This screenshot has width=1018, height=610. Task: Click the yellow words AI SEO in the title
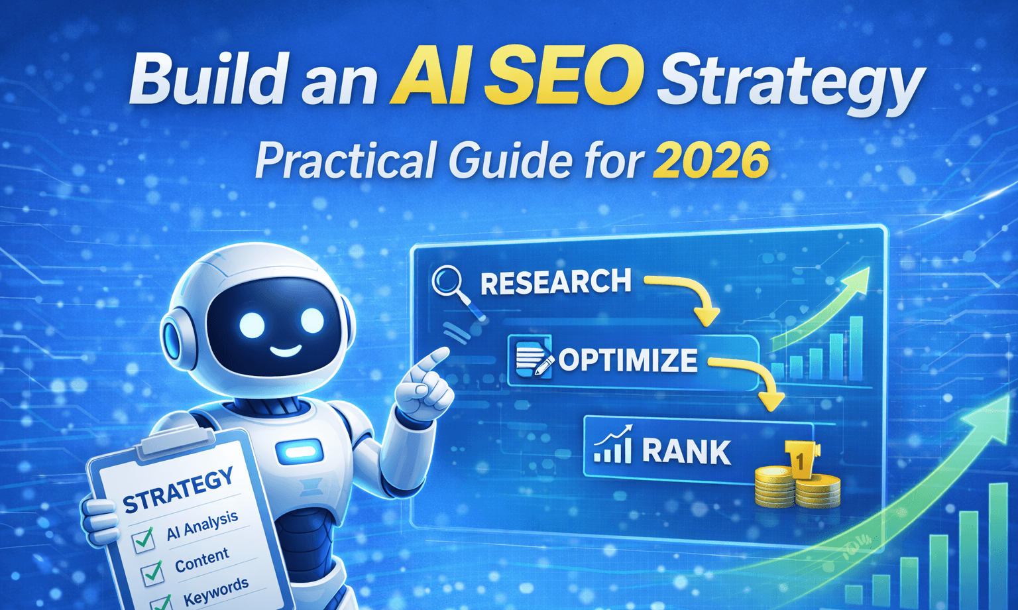point(516,80)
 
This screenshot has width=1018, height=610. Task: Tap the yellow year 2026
point(710,160)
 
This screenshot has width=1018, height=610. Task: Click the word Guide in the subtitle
point(509,160)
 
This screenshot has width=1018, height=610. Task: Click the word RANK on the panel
point(686,452)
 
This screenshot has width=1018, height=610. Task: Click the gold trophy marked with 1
point(801,459)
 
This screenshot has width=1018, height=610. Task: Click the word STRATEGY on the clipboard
point(179,491)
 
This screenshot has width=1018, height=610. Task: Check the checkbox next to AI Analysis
point(143,539)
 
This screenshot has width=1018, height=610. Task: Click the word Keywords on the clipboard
point(215,591)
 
